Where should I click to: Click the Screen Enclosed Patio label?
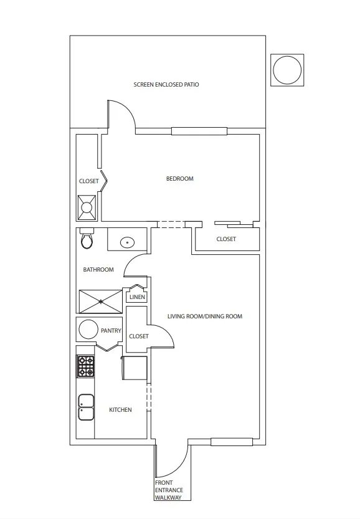point(166,84)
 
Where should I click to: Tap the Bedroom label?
point(179,179)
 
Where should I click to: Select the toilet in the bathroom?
point(87,239)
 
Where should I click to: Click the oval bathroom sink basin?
point(128,242)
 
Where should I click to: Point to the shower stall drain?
point(101,302)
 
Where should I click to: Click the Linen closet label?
point(137,297)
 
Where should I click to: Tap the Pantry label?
point(111,331)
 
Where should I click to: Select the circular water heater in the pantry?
point(88,329)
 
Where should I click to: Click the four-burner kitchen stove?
point(86,366)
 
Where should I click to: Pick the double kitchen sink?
point(86,407)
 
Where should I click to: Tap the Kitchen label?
point(120,410)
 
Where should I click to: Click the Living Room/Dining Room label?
point(205,317)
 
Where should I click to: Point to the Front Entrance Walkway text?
point(169,490)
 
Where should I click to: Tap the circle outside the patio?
point(287,70)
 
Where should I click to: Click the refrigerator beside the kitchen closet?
point(135,368)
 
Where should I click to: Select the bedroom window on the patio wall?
point(199,131)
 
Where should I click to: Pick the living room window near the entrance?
point(232,442)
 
